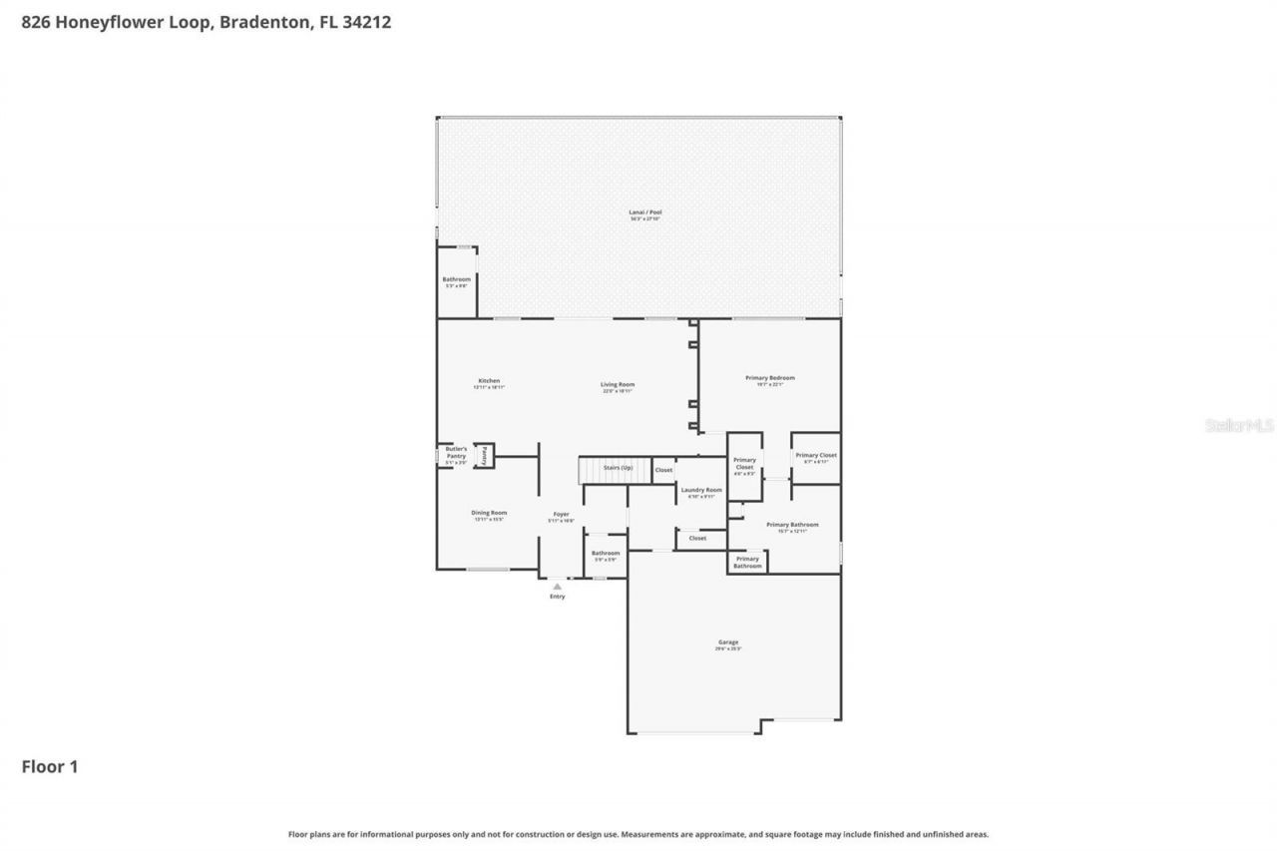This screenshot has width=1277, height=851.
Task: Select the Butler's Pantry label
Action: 456,453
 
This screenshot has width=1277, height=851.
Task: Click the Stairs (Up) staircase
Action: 616,469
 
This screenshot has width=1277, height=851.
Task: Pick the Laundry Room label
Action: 701,491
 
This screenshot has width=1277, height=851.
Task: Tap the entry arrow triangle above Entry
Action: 557,587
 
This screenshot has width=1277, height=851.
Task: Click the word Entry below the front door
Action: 557,597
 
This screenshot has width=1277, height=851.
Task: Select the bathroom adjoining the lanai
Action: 456,280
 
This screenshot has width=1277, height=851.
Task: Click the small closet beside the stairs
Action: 663,470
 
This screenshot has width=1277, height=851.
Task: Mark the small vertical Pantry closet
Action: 484,455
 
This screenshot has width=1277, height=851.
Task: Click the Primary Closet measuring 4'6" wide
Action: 744,465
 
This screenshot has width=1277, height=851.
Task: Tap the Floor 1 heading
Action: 50,767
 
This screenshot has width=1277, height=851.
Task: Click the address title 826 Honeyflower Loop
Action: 206,22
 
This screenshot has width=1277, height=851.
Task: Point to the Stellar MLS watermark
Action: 1239,426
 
